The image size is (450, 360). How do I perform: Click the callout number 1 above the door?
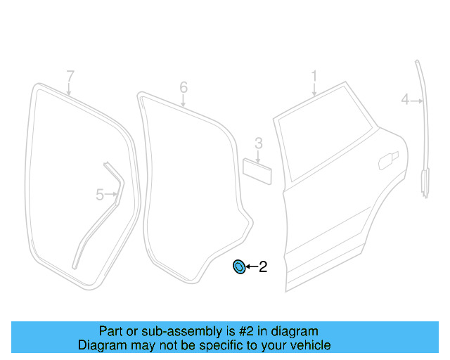pos(314,75)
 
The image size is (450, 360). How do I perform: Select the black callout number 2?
pos(263,266)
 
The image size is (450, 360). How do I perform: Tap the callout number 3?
pos(258,143)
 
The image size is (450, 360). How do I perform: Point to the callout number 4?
pos(404,100)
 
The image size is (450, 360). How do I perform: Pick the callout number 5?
pos(99,194)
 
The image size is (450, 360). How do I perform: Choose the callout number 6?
pos(184,86)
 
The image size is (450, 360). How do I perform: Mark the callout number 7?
pos(70,75)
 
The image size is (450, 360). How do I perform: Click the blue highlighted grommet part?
pos(239,266)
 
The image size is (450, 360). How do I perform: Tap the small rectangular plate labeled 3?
pos(257,170)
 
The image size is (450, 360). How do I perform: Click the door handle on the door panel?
pos(386,161)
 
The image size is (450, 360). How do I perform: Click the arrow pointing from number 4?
pos(417,101)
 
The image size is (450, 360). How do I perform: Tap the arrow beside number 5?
pos(110,195)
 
